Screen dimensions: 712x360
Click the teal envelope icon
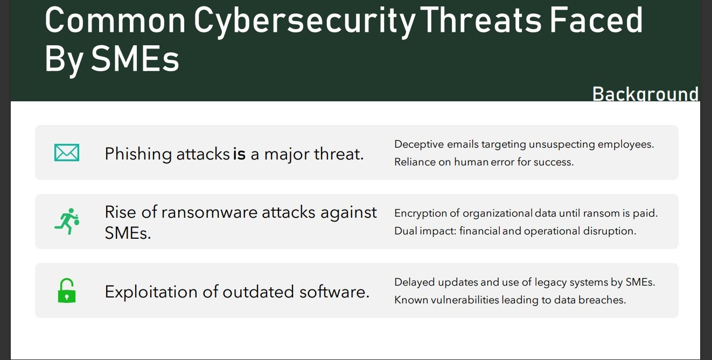tap(67, 153)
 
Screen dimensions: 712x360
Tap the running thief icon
tap(67, 221)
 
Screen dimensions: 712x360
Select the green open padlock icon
tap(67, 290)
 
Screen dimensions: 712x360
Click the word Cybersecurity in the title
tap(304, 22)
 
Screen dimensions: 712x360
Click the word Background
tap(645, 94)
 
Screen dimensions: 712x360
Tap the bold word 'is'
tap(239, 154)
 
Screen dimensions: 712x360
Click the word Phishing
tap(138, 155)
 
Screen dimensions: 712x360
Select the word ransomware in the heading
tap(209, 212)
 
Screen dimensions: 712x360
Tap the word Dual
tap(406, 231)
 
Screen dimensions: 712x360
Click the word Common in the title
tap(115, 20)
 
